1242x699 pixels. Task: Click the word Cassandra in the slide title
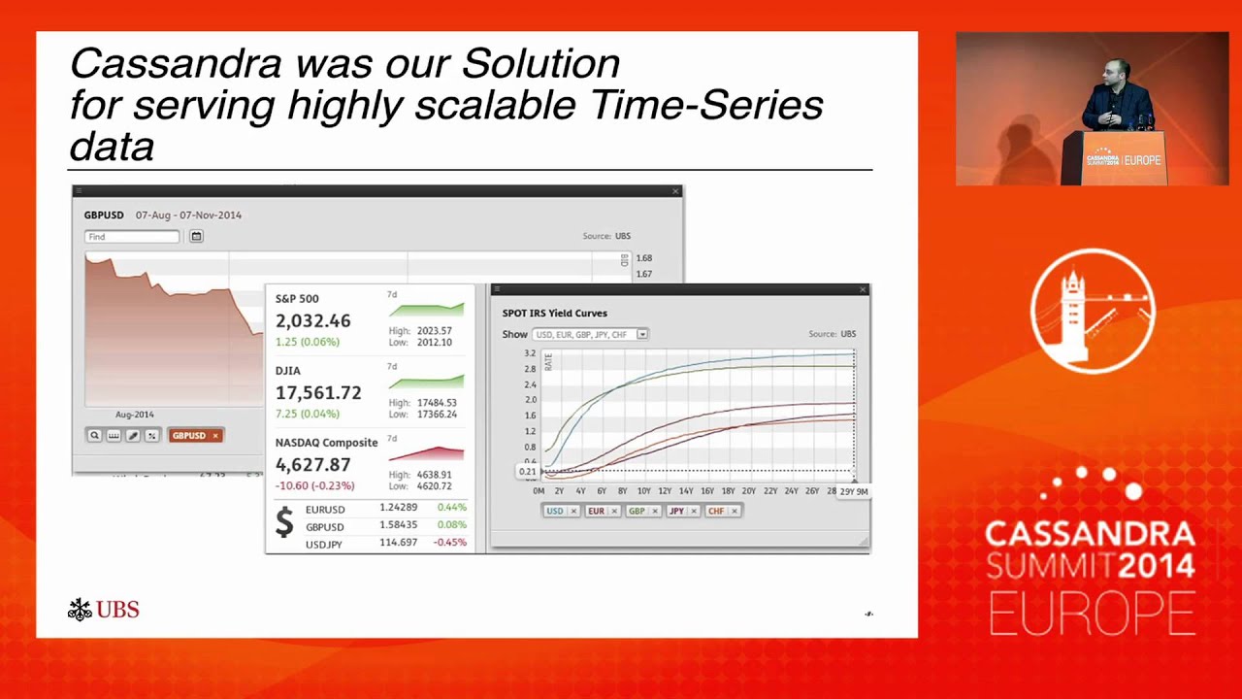(176, 64)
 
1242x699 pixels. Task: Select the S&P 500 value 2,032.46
(312, 321)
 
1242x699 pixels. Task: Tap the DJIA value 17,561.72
(317, 393)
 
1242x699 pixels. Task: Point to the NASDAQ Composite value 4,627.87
(312, 465)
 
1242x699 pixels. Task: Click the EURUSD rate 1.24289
(398, 508)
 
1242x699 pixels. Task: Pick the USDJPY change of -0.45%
(450, 543)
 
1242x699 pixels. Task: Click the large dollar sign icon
(284, 522)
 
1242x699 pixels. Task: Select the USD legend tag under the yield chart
(555, 511)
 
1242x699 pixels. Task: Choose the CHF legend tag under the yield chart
(716, 511)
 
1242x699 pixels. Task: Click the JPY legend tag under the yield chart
(676, 511)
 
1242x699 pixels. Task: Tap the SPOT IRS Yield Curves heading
(554, 314)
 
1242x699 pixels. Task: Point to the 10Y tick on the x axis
(643, 491)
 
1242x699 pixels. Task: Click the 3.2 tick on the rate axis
(530, 354)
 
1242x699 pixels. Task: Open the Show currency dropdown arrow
(642, 335)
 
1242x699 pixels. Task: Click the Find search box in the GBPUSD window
(132, 237)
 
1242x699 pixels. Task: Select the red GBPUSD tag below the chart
(189, 436)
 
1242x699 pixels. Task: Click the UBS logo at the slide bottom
(104, 610)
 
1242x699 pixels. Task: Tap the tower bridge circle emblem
(1093, 311)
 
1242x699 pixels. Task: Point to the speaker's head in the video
(1112, 72)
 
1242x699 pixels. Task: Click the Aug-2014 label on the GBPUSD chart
(134, 415)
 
